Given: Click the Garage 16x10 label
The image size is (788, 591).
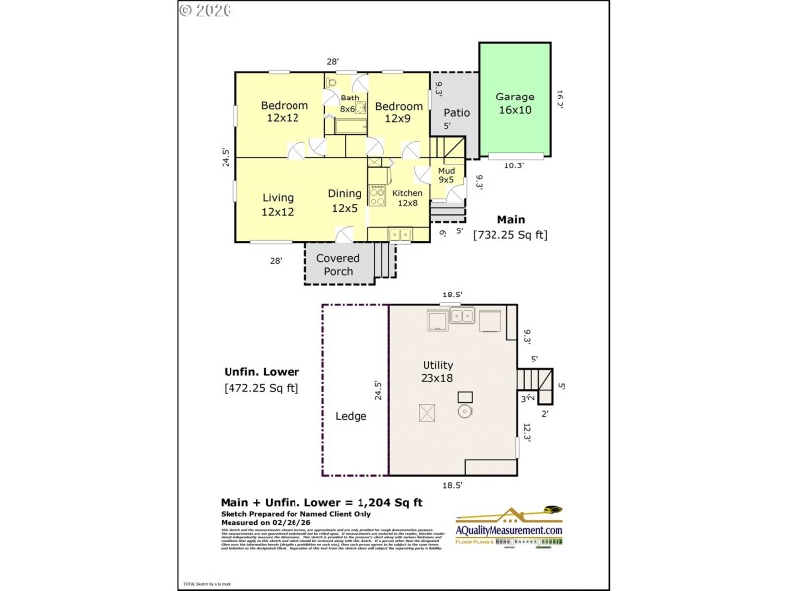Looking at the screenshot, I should [514, 103].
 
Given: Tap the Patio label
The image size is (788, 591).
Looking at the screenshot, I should [456, 113].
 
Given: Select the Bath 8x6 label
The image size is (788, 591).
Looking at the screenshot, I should [349, 103].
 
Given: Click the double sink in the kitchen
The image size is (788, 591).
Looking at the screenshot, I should [399, 234].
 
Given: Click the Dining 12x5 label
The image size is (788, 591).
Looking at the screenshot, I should [345, 201].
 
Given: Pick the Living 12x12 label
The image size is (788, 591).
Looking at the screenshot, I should [278, 204].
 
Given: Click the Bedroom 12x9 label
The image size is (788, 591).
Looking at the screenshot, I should [397, 112].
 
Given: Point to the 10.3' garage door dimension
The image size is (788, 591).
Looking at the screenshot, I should [514, 165].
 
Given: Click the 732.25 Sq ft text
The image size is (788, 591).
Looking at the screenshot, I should [509, 235].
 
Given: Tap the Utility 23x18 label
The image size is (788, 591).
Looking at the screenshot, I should [438, 370].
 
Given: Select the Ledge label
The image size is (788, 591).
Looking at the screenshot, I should [351, 416].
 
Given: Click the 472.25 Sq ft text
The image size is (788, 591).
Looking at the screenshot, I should [261, 388].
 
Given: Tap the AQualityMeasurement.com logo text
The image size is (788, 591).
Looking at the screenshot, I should [509, 531].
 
